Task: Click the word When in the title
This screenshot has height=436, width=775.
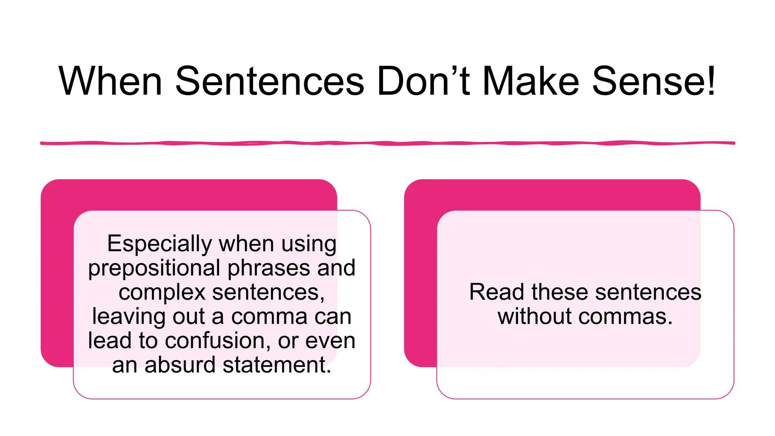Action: pos(110,81)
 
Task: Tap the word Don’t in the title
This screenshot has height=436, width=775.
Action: pos(423,81)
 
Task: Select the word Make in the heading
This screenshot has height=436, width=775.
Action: pos(531,81)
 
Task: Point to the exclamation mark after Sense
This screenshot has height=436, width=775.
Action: pos(711,80)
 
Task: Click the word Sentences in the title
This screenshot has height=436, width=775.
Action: pos(269,81)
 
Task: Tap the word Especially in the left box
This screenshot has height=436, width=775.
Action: pos(159,244)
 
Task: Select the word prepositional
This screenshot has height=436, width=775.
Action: pos(154,269)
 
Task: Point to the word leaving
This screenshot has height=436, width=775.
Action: pos(129,317)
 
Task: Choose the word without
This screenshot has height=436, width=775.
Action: pos(534,316)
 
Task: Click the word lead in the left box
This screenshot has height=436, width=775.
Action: pos(109,341)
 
